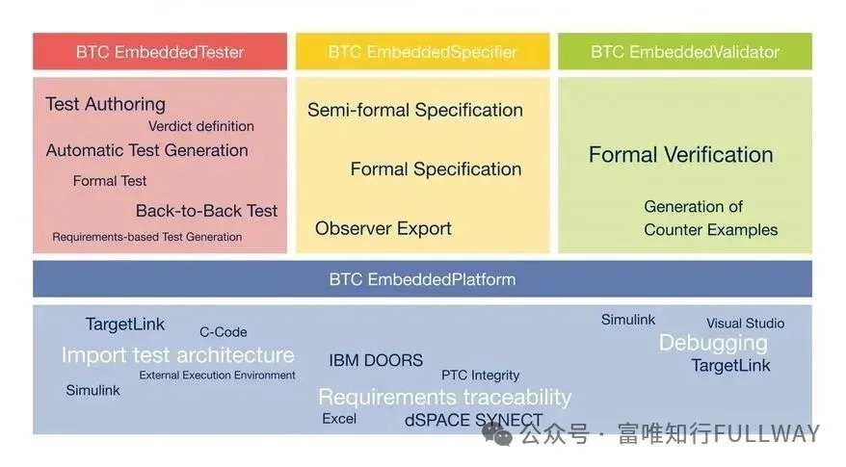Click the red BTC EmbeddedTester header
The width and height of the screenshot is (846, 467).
[x=160, y=52]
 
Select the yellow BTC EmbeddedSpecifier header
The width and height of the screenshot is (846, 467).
[x=422, y=52]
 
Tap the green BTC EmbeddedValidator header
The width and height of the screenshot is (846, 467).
[x=685, y=52]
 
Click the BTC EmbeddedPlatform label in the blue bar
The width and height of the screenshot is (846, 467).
[x=422, y=279]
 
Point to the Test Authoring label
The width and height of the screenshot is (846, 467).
[x=105, y=104]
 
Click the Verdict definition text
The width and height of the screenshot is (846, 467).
[x=201, y=126]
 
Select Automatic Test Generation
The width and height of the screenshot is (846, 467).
[x=146, y=150]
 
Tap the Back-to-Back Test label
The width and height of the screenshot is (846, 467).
[x=206, y=211]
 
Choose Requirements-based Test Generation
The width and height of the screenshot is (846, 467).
[x=146, y=237]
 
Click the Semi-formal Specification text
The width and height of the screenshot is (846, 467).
[x=415, y=110]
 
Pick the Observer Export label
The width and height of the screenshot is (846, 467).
[x=383, y=228]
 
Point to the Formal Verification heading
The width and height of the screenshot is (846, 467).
[x=681, y=155]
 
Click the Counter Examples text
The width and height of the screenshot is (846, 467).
[x=710, y=230]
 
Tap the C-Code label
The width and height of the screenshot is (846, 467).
[x=224, y=332]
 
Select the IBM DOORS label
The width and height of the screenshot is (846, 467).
[x=376, y=360]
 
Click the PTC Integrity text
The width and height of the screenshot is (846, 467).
[x=480, y=376]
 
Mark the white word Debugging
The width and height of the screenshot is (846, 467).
[x=713, y=344]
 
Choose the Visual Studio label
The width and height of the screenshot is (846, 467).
[x=746, y=324]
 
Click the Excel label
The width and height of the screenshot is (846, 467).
[x=339, y=419]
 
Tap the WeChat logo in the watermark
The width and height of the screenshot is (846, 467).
[x=497, y=433]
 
